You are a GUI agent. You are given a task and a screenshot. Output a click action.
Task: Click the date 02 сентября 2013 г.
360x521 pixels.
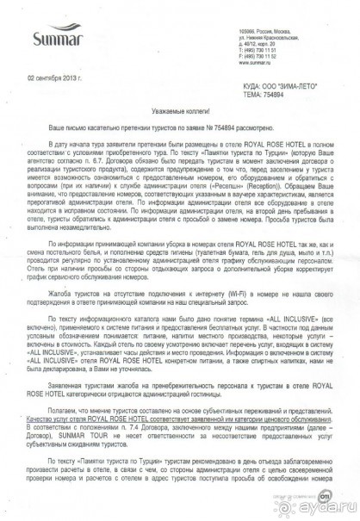[x=56, y=78]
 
